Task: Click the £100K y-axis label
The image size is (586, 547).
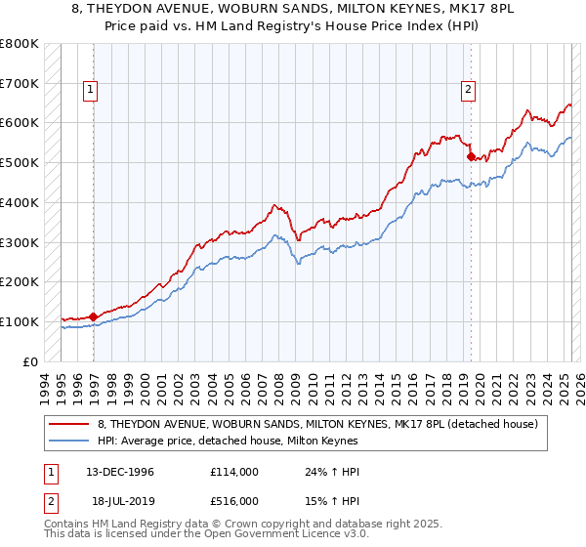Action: coord(20,321)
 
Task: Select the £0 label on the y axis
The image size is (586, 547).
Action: coord(30,361)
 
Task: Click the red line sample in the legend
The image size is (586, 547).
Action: coord(69,424)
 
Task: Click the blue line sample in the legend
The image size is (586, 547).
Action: coord(69,441)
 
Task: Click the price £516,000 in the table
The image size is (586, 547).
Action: coord(233,500)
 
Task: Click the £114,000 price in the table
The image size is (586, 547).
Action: coord(233,472)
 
